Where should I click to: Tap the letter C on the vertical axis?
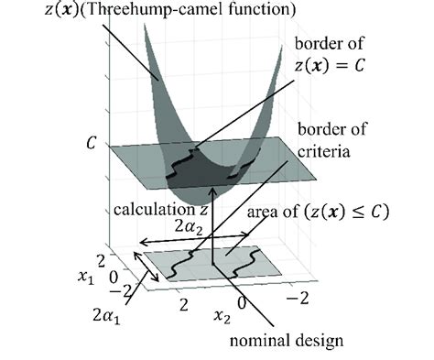point(89,144)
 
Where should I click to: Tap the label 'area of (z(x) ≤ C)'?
point(319,213)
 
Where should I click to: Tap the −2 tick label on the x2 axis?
point(295,299)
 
